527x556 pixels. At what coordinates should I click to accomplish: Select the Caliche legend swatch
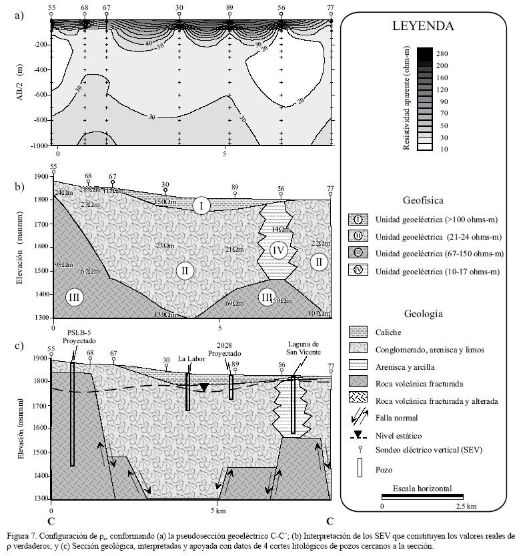pyautogui.click(x=358, y=332)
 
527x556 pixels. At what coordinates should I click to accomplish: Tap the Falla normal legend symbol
pyautogui.click(x=358, y=419)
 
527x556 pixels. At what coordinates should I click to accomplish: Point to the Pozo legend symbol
pyautogui.click(x=358, y=470)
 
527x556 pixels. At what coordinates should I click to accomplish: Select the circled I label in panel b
pyautogui.click(x=201, y=205)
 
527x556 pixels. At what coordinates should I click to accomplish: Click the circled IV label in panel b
pyautogui.click(x=280, y=251)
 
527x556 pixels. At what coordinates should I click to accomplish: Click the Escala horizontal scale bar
pyautogui.click(x=422, y=496)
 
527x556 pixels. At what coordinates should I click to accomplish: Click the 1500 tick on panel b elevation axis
pyautogui.click(x=39, y=271)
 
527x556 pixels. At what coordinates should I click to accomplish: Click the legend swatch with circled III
pyautogui.click(x=358, y=254)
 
